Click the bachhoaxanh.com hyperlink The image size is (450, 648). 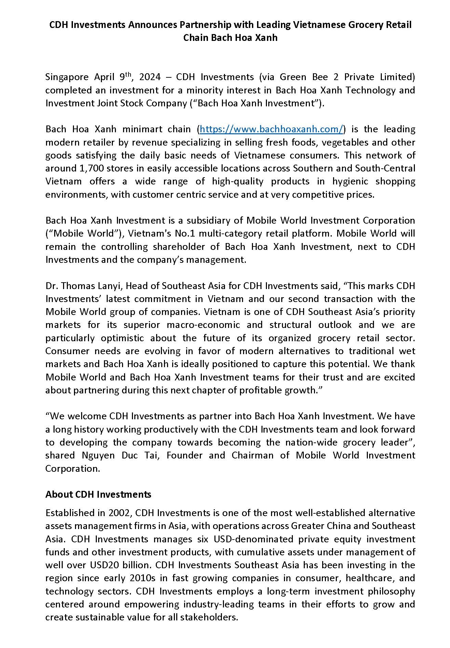pos(271,129)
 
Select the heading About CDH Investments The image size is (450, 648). pos(98,494)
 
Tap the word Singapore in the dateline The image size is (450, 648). pos(67,77)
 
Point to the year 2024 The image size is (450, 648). pos(150,77)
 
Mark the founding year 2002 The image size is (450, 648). pos(120,513)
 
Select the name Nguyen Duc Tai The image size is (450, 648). pos(121,455)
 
